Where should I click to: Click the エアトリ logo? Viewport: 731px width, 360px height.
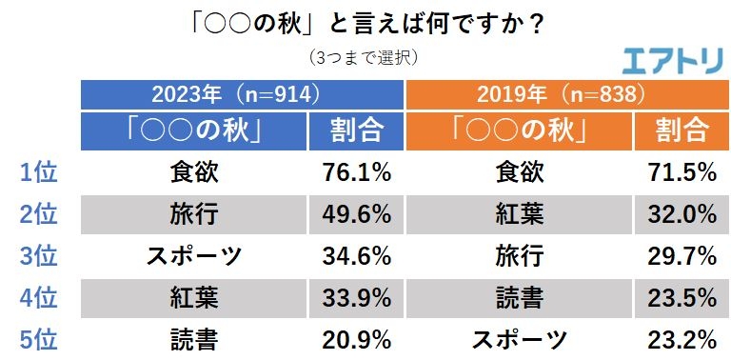tap(671, 60)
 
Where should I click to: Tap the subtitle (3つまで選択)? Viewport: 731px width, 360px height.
tap(365, 58)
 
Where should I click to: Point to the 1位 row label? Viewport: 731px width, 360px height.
tap(39, 172)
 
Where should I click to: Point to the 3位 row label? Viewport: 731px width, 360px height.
tap(39, 255)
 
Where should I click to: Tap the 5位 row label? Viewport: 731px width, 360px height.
tap(39, 338)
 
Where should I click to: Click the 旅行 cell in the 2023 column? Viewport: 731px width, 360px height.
tap(194, 213)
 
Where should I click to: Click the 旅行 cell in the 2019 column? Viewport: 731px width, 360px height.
tap(521, 255)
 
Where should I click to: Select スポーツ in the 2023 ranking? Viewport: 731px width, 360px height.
tap(194, 255)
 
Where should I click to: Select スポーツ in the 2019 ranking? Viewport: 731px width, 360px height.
tap(521, 338)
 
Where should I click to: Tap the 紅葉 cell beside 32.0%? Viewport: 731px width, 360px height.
tap(521, 213)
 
